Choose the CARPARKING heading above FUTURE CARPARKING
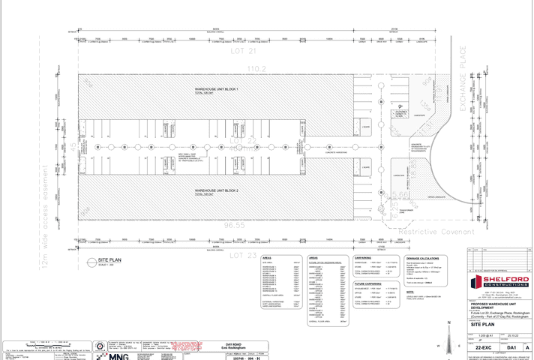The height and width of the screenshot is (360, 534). click(x=361, y=257)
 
